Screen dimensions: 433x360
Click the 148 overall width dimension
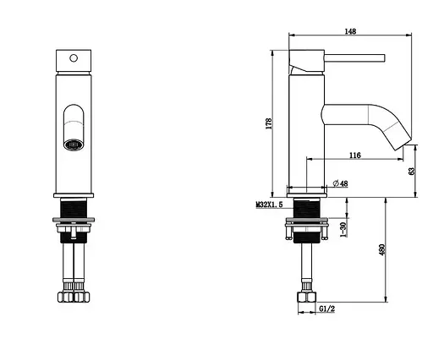(350, 31)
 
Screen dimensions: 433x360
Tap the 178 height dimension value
(269, 123)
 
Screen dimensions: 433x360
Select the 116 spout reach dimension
(355, 155)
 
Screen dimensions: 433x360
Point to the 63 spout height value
(412, 171)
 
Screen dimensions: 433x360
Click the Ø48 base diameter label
(341, 183)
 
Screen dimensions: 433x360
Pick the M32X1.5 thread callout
(269, 205)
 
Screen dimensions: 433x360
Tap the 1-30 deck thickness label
(343, 229)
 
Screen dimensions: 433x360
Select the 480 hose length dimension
(382, 249)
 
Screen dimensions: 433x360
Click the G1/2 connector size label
(327, 308)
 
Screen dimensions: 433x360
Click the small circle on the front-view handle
(74, 58)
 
